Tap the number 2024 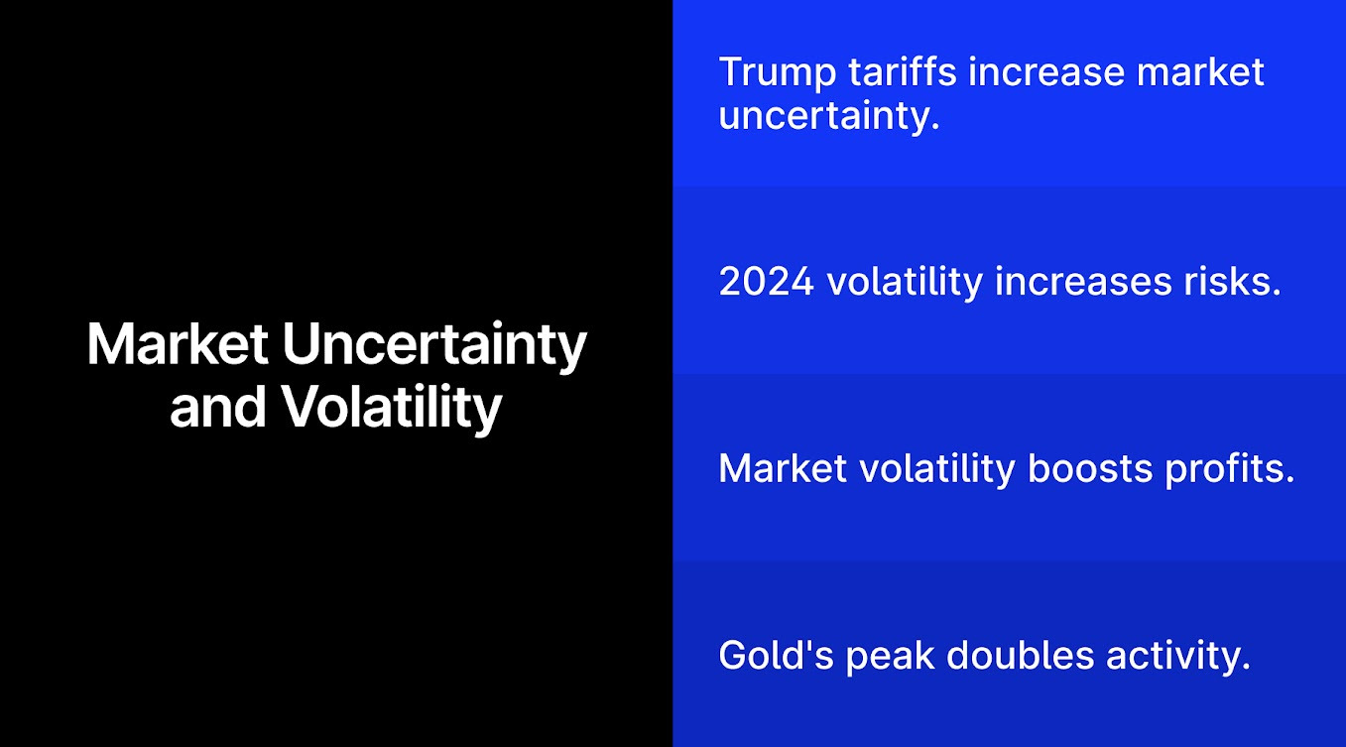[x=766, y=282]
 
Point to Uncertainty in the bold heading [x=434, y=345]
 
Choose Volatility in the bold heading [x=390, y=407]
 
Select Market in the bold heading [x=177, y=345]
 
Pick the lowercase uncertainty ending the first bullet [x=828, y=116]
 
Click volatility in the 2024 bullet [x=905, y=282]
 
